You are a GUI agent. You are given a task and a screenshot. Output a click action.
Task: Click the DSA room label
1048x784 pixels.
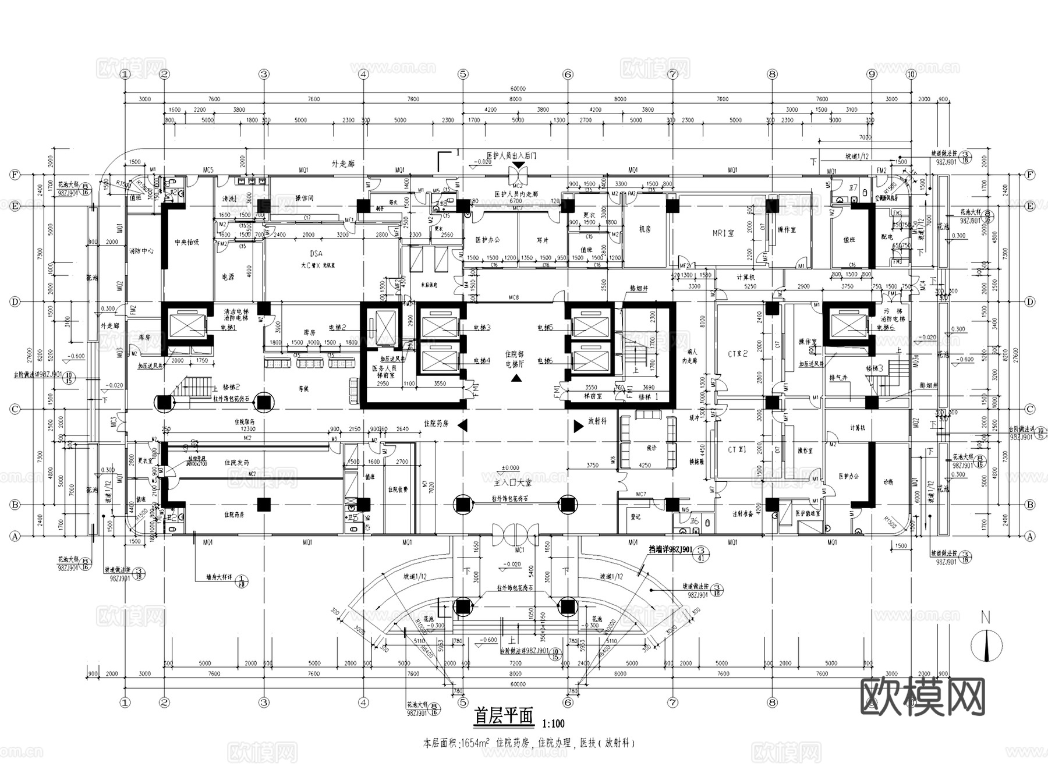pos(316,254)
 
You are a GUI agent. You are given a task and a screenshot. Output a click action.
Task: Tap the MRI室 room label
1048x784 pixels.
pos(723,233)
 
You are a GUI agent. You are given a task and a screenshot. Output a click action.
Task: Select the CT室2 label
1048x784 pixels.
pos(737,353)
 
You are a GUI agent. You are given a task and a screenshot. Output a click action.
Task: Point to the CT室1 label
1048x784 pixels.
pos(737,449)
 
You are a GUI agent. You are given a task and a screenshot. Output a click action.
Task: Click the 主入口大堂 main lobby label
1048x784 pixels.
pos(512,483)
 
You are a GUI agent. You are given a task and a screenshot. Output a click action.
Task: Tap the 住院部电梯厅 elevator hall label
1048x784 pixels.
pos(515,359)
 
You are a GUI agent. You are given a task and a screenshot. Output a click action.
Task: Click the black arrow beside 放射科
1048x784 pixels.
pos(579,426)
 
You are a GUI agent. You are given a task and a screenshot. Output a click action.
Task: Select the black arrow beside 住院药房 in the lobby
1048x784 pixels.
pos(463,426)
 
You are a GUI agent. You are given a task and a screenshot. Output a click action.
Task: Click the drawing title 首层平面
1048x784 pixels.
pos(504,716)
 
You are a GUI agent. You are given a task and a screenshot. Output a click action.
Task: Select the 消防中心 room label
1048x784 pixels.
pos(141,251)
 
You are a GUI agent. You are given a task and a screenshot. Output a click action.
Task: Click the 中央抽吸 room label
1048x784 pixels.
pos(187,242)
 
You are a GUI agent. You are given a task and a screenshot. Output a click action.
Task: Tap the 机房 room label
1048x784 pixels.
pos(645,229)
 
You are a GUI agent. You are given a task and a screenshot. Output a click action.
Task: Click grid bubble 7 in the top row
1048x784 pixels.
pos(672,74)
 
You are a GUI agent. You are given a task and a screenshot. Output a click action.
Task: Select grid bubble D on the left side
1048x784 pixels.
pos(15,302)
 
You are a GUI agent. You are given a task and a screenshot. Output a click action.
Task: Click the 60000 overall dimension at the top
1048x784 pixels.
pos(518,89)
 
